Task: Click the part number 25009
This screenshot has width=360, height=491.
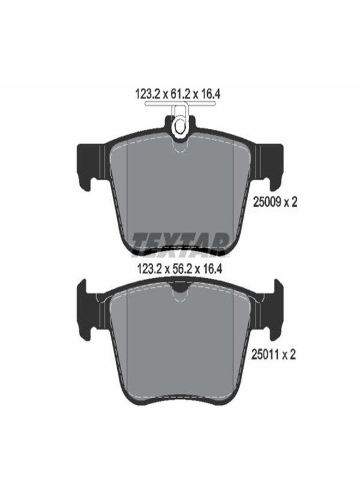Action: pos(266,202)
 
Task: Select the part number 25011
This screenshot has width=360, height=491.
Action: pos(266,355)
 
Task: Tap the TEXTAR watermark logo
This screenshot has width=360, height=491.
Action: pos(180,241)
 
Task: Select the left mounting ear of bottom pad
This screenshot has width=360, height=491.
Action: pos(89,308)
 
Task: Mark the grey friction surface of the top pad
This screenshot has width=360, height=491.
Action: pos(180,191)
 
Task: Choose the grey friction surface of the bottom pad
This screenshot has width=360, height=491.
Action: pos(180,344)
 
